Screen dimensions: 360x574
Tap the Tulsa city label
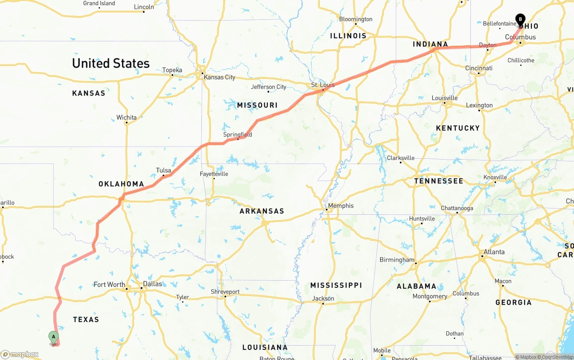coord(163,170)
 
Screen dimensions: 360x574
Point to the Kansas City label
coord(219,77)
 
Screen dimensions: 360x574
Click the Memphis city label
coord(340,206)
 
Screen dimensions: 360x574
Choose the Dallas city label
coord(152,284)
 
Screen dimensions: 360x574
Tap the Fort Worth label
coord(109,284)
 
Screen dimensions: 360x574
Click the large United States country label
coord(111,63)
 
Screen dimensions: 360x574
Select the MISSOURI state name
coord(257,105)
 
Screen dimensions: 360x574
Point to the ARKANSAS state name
coord(262,211)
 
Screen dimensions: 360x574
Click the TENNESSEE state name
coord(439,181)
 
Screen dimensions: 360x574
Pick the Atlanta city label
coord(494,252)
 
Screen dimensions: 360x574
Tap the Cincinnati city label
coord(478,68)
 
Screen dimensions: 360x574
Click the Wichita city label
coord(126,117)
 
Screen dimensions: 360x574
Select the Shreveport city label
coord(225,292)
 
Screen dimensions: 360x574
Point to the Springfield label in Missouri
coord(238,134)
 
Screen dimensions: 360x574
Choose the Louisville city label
coord(444,98)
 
